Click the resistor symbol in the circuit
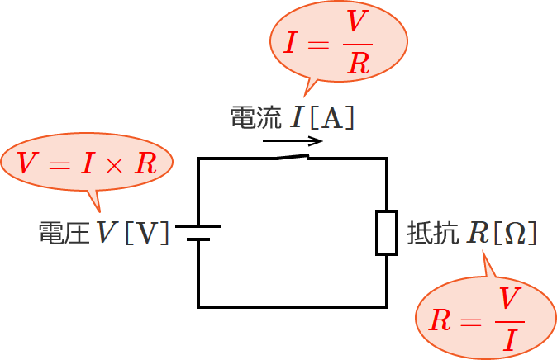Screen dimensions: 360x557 pyautogui.click(x=387, y=233)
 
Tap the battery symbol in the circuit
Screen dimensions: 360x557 pyautogui.click(x=198, y=233)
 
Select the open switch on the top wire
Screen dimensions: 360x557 pyautogui.click(x=293, y=156)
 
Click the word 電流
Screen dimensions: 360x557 pyautogui.click(x=255, y=118)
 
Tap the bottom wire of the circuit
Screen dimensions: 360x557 pyautogui.click(x=293, y=306)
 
